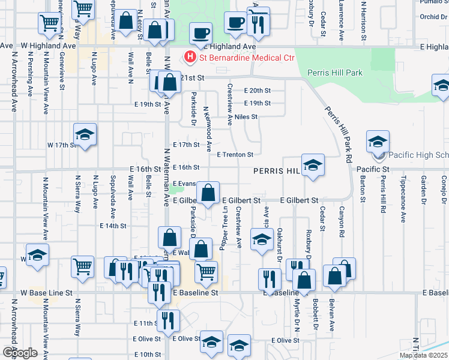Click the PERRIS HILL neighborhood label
pyautogui.click(x=276, y=171)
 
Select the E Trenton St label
pyautogui.click(x=239, y=154)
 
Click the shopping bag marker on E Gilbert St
pyautogui.click(x=208, y=194)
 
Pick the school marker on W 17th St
pyautogui.click(x=85, y=135)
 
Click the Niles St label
pyautogui.click(x=246, y=116)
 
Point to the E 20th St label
pyautogui.click(x=258, y=90)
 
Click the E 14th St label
pyautogui.click(x=113, y=226)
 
